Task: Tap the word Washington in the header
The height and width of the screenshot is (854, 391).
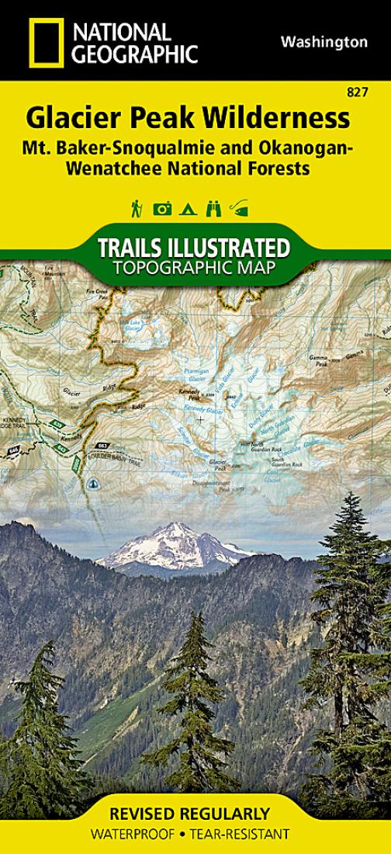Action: click(x=324, y=43)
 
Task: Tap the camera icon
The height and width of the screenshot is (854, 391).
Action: click(x=162, y=208)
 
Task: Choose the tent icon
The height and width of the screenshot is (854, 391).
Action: click(x=186, y=208)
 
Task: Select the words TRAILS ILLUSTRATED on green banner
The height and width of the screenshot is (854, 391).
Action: click(x=194, y=249)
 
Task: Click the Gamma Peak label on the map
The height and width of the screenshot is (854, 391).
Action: click(x=320, y=359)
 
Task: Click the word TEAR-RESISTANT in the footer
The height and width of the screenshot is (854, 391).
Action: click(x=244, y=834)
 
